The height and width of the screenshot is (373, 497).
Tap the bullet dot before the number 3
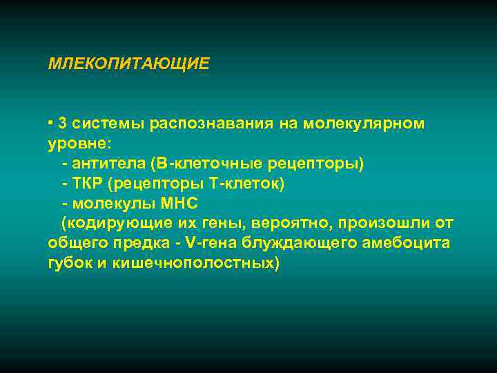(51, 123)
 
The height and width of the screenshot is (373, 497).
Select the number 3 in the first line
(63, 124)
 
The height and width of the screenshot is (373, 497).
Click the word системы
(100, 124)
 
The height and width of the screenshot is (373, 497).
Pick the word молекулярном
(352, 124)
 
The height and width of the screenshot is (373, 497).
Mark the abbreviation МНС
(178, 204)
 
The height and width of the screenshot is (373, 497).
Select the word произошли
(384, 224)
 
